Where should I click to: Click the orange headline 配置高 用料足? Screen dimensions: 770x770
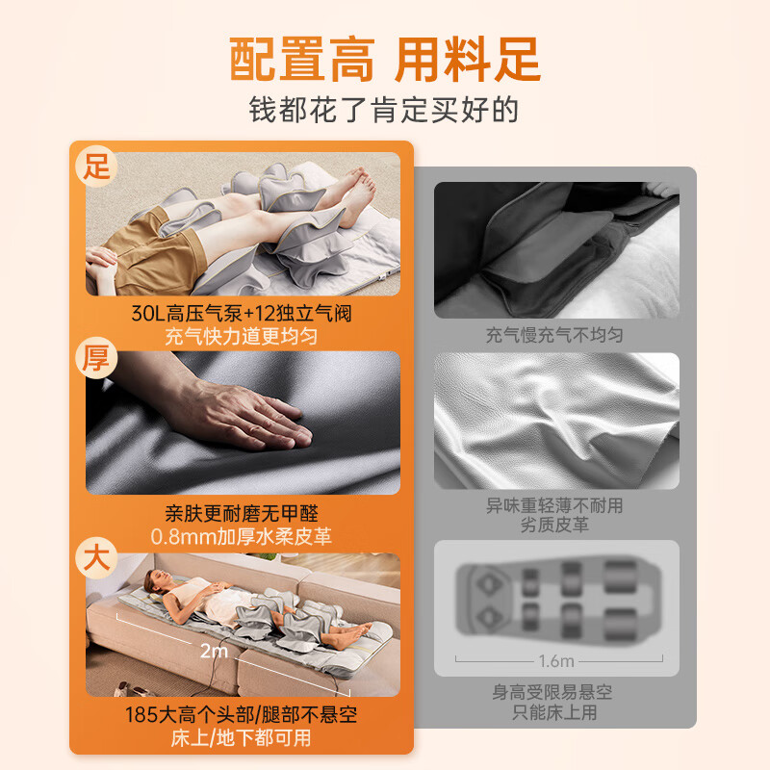[385, 59]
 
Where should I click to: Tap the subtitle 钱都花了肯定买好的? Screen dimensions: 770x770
[385, 109]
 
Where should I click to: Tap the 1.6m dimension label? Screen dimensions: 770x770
[556, 660]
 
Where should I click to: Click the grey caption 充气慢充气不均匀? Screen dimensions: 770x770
[555, 336]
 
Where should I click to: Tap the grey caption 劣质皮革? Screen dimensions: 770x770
[555, 526]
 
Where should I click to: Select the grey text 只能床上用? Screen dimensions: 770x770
[555, 714]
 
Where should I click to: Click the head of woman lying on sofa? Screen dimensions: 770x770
[154, 579]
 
